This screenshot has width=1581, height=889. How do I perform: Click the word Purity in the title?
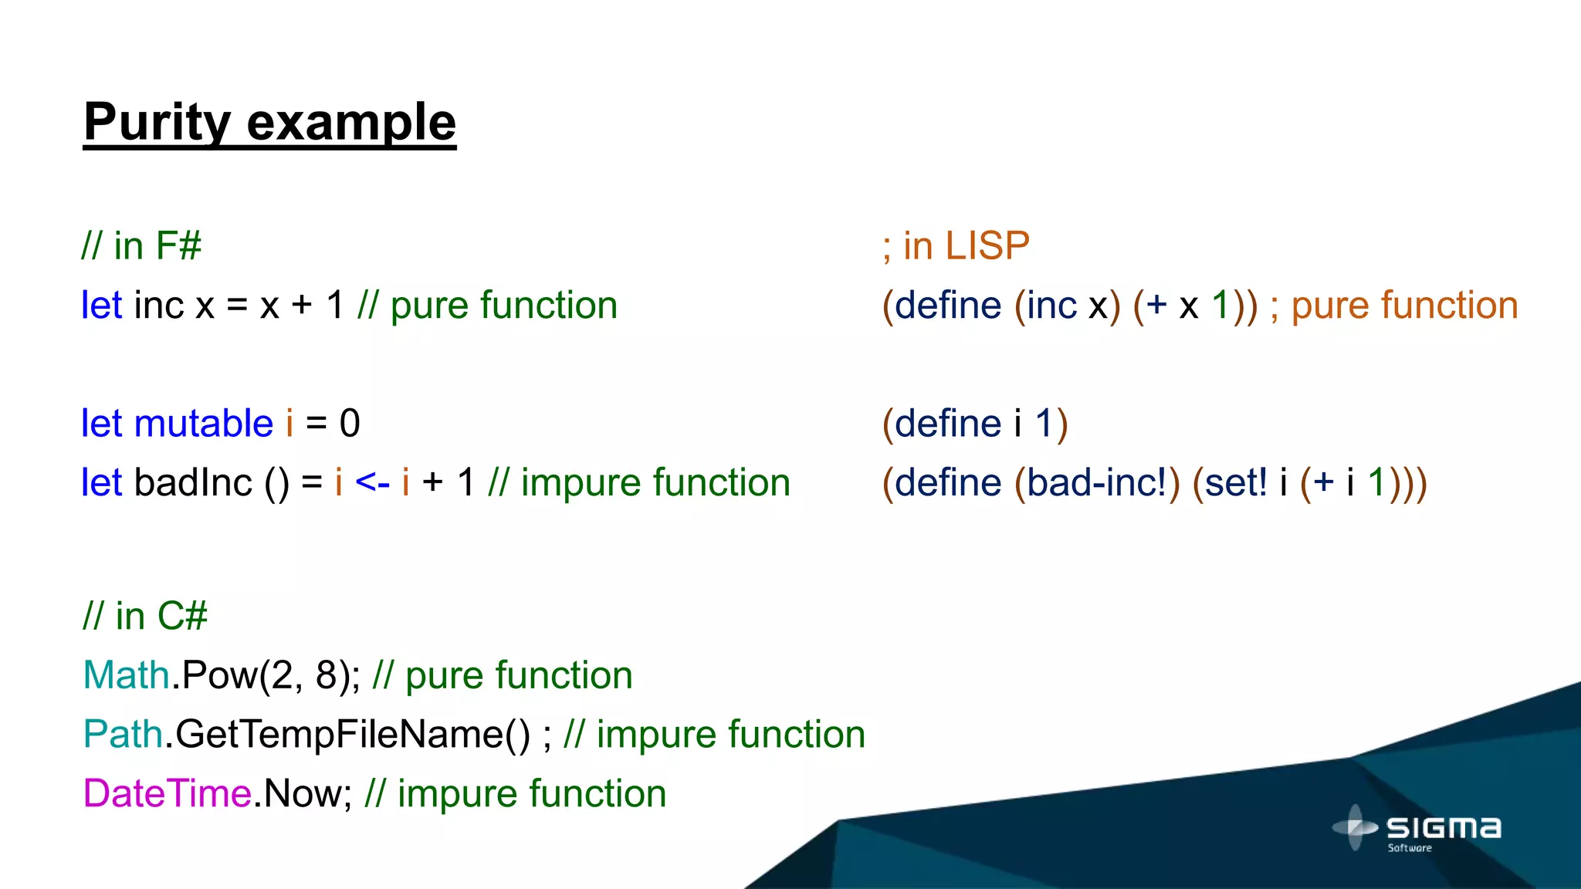point(157,122)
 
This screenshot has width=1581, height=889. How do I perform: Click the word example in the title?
point(351,122)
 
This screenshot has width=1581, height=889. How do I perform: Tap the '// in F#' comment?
point(141,246)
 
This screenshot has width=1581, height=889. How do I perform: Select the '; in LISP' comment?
point(956,246)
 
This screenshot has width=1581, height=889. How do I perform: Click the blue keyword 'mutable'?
point(204,424)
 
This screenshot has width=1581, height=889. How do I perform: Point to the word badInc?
point(193,483)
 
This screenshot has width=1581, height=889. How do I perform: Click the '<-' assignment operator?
point(372,483)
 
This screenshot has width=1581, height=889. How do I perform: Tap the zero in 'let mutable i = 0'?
point(350,424)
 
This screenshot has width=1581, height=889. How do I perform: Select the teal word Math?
point(126,675)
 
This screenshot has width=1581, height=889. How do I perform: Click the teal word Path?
point(123,734)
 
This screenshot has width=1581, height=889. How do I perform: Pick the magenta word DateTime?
point(168,793)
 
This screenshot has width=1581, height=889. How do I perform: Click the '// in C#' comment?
point(145,616)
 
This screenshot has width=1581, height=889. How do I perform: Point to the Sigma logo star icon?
point(1355,827)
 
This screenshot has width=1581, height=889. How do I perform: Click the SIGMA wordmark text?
point(1444,828)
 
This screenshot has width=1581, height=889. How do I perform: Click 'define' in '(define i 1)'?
point(948,424)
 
